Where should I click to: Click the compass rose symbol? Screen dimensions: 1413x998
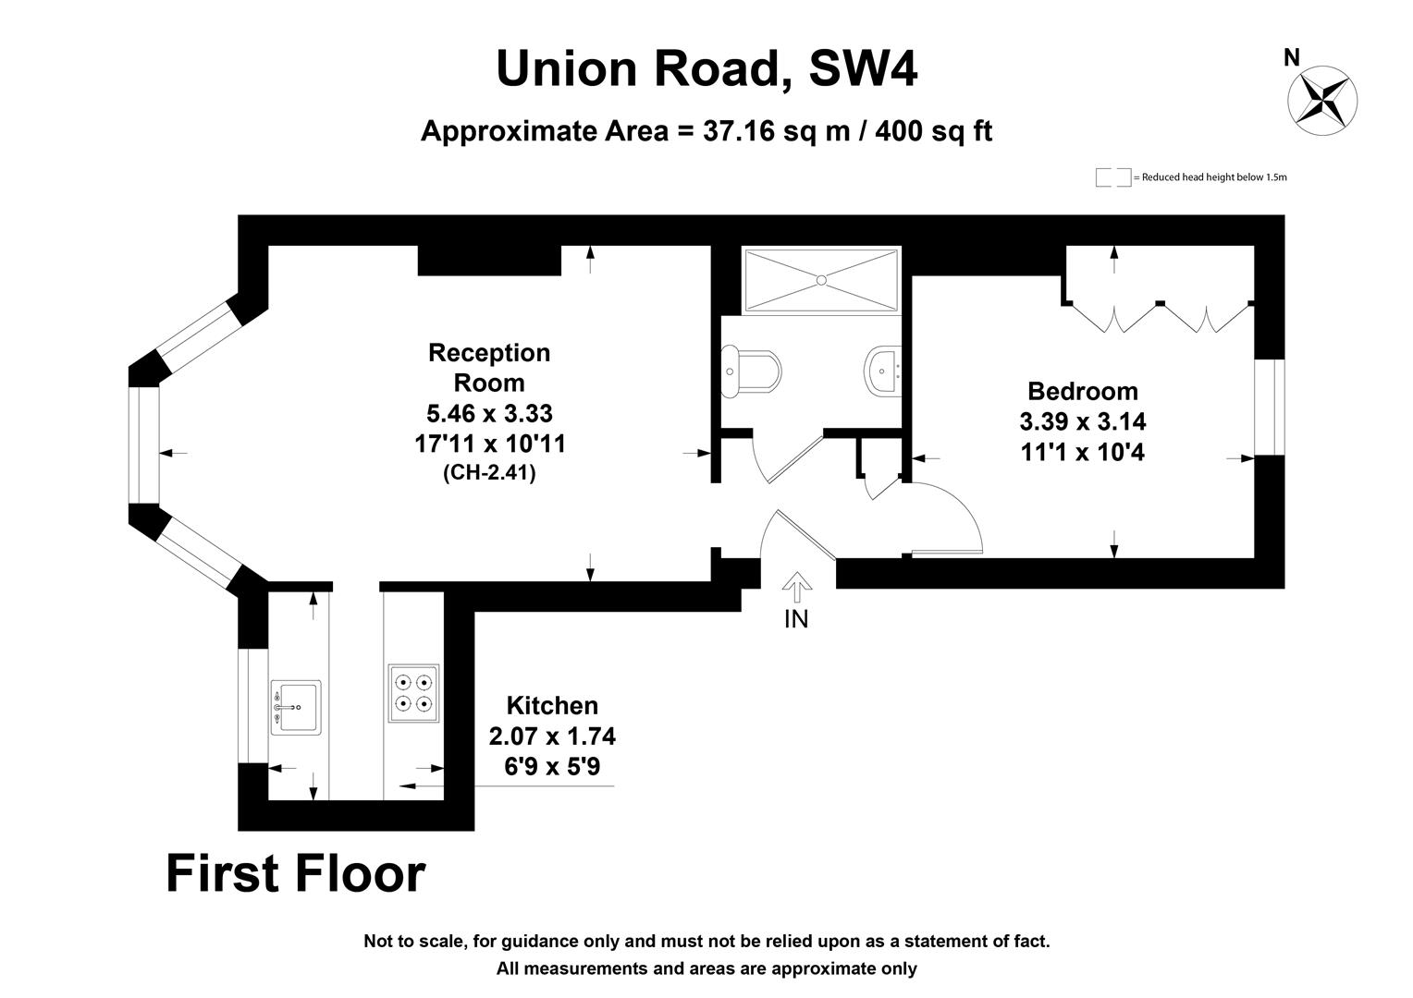coord(1321,100)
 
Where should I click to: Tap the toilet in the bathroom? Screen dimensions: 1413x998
coord(751,371)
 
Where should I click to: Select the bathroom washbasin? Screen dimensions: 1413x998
coord(883,371)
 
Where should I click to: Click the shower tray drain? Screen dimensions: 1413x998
coord(820,280)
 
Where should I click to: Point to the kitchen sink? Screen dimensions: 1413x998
coord(295,707)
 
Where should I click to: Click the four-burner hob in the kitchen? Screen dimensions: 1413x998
coord(413,693)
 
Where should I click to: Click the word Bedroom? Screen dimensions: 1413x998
coord(1083,392)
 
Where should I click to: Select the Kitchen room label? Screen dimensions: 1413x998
coord(552,705)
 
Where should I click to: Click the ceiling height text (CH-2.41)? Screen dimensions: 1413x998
coord(489,472)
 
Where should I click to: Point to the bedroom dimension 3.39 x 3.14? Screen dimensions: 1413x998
coord(1083,421)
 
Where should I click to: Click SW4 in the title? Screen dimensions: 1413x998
coord(863,68)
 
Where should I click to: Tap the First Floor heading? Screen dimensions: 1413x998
coord(296,874)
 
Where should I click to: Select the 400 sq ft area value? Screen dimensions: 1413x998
coord(934,131)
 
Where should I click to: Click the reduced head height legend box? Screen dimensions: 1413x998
coord(1113,177)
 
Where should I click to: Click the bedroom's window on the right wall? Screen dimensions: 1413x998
coord(1269,408)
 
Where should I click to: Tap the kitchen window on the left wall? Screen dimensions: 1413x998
coord(253,705)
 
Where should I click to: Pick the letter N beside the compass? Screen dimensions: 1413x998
coord(1291,58)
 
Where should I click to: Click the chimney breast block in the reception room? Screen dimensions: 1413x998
coord(489,261)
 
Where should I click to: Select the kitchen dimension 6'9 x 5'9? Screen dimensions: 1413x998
coord(552,767)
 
